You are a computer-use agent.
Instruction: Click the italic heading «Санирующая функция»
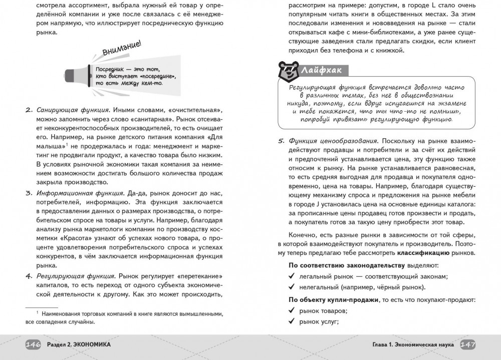73,110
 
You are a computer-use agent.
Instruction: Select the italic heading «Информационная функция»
80,192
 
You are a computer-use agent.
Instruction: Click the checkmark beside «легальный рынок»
292,276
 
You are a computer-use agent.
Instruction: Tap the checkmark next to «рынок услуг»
292,322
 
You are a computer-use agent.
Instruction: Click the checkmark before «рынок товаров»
292,311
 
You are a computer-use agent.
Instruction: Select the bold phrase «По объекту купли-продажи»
334,299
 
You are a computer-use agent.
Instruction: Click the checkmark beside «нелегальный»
292,287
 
